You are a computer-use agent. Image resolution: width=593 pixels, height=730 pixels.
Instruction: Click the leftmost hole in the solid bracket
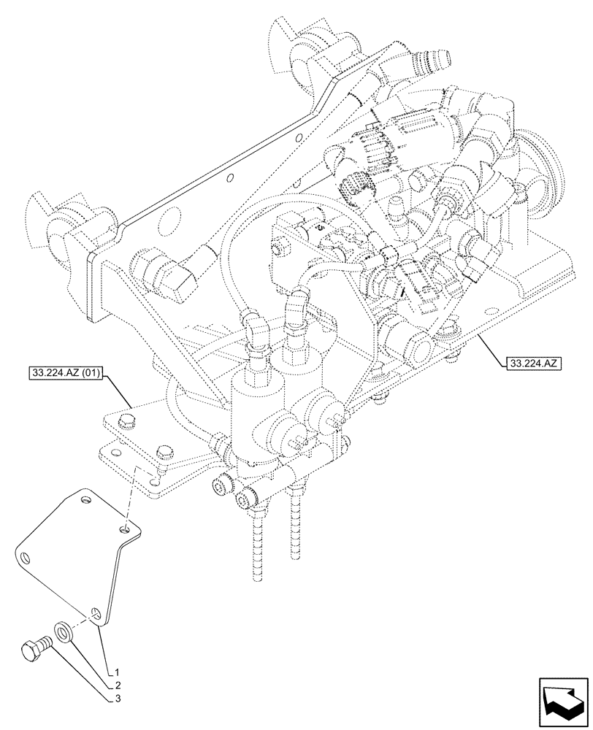click(27, 558)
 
